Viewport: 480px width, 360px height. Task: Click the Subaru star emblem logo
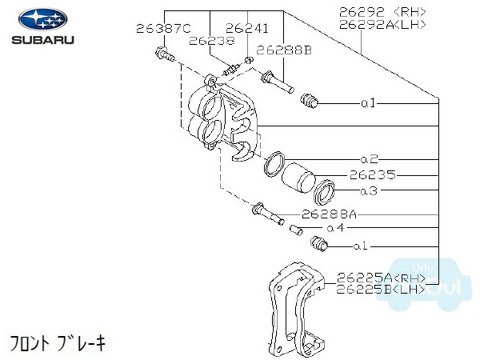tap(43, 19)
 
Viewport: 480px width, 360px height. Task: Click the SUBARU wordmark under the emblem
tap(43, 40)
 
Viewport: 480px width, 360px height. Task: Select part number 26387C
tap(163, 29)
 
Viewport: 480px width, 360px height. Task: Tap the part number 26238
tap(212, 41)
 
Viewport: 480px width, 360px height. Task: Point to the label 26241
tap(246, 29)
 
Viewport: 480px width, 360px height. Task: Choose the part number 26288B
tap(284, 50)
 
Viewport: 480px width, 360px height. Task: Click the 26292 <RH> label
tap(382, 12)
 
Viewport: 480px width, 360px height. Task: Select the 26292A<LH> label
tap(382, 25)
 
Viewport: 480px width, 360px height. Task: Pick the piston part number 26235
tap(373, 175)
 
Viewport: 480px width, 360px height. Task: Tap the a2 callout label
tap(370, 159)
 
